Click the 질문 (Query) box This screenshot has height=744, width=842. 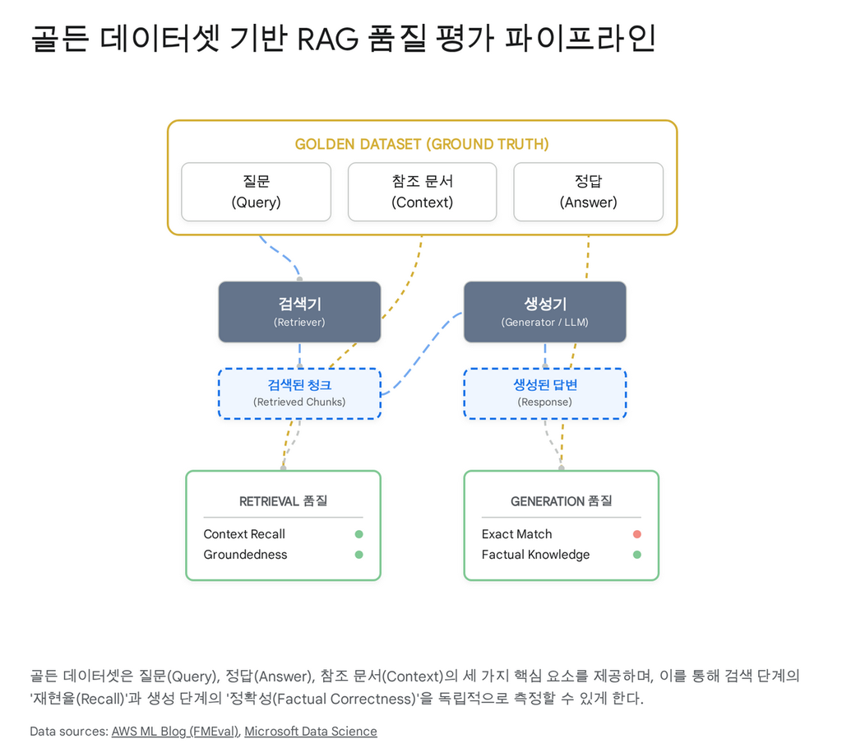(x=256, y=192)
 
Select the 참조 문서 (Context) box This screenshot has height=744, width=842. (x=422, y=192)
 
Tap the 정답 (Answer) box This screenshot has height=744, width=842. (x=588, y=192)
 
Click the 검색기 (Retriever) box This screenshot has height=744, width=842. (x=299, y=312)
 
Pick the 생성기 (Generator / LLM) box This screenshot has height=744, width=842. (x=544, y=312)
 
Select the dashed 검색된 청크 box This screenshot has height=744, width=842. (x=299, y=393)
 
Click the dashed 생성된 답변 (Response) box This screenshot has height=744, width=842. (x=544, y=393)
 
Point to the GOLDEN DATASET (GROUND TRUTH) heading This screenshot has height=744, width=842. (x=422, y=144)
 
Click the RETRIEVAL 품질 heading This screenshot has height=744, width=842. (x=283, y=501)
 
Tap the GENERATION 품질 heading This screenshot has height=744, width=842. (x=561, y=501)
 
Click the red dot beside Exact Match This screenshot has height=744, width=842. (x=636, y=534)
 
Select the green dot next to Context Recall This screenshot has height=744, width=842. (x=359, y=534)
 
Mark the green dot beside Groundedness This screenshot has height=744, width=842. (x=359, y=555)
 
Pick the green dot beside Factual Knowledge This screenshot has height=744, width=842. (x=636, y=555)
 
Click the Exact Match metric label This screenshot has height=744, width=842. (x=516, y=534)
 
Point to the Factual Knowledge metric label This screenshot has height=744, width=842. (x=535, y=555)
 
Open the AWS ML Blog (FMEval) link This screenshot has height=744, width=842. (x=175, y=731)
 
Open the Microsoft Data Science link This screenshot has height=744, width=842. (x=311, y=731)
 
